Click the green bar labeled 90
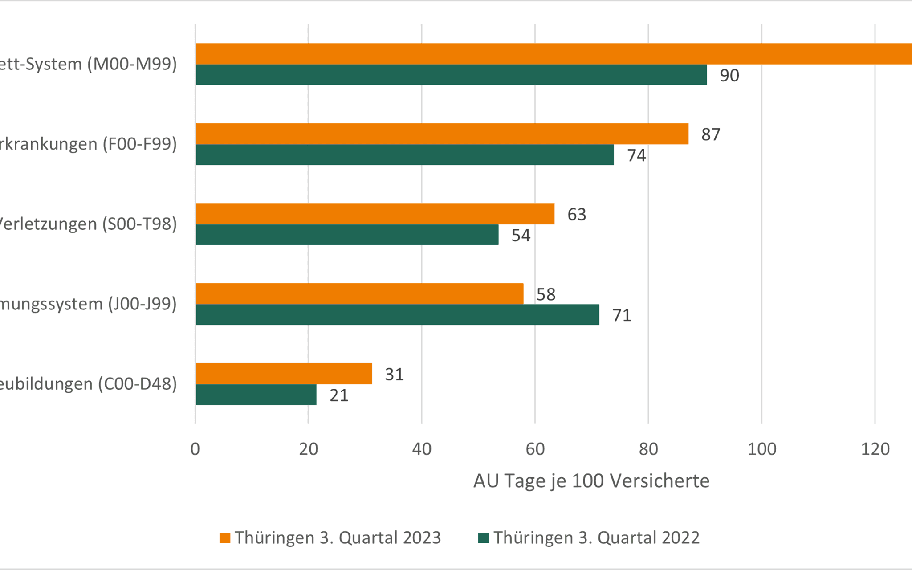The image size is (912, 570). click(451, 75)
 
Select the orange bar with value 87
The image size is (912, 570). click(442, 134)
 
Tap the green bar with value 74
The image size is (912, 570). click(404, 155)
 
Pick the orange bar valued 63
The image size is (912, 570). click(375, 214)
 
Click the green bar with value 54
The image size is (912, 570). click(347, 235)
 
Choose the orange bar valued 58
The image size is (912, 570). click(359, 294)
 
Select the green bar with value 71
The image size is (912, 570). click(397, 315)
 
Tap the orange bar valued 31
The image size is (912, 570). click(284, 374)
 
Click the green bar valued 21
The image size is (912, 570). click(256, 395)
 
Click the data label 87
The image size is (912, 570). click(711, 134)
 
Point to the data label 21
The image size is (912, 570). click(339, 395)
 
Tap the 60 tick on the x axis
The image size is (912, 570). click(535, 449)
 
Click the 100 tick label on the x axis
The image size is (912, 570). click(761, 449)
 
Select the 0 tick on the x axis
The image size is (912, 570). click(195, 449)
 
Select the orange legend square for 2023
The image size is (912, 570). click(225, 538)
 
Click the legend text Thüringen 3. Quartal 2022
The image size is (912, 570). click(596, 538)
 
